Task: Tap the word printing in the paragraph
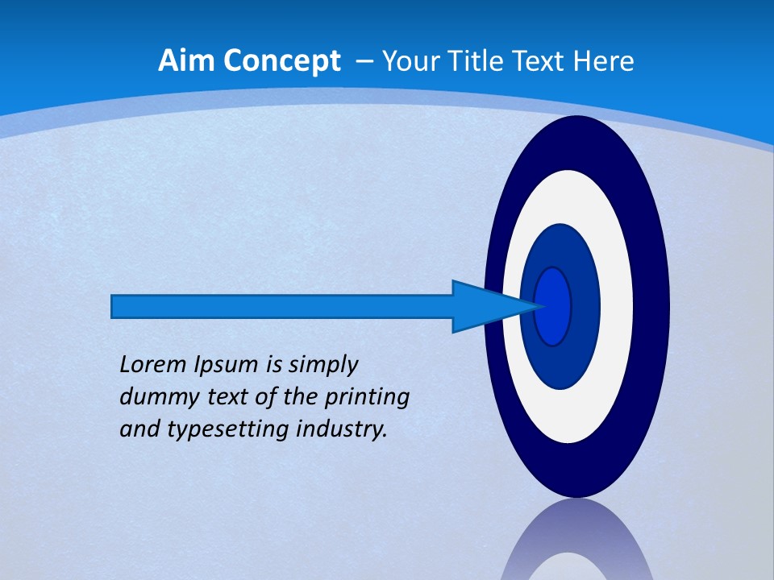point(367,398)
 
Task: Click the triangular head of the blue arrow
point(484,306)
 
